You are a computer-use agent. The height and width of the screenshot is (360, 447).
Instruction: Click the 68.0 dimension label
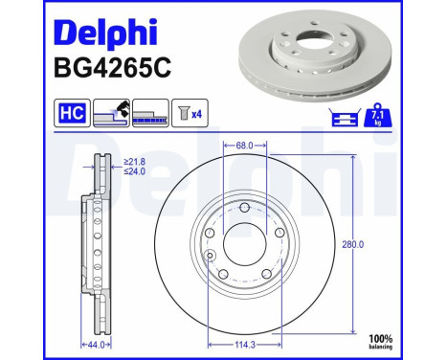coord(245,146)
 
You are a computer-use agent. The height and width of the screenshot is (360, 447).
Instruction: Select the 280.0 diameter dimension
coord(355,245)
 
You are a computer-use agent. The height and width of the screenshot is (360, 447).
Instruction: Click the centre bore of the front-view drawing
coord(245,243)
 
